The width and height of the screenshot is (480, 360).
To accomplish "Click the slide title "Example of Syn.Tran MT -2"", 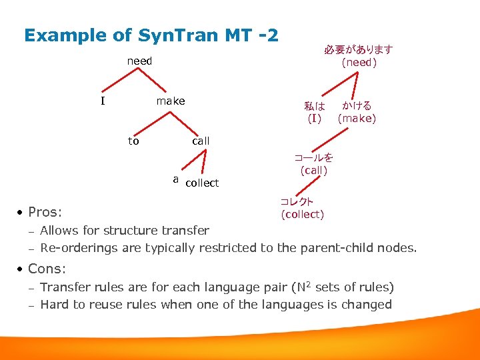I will pyautogui.click(x=151, y=35).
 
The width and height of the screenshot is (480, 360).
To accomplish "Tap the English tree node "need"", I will pyautogui.click(x=139, y=61).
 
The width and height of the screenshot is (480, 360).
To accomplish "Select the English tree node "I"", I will pyautogui.click(x=103, y=101).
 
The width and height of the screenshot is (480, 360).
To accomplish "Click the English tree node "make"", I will pyautogui.click(x=170, y=101).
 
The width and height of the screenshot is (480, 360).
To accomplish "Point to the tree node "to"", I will pyautogui.click(x=133, y=141).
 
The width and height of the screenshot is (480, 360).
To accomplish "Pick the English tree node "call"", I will pyautogui.click(x=201, y=141).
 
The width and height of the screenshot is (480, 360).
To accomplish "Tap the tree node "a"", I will pyautogui.click(x=175, y=179).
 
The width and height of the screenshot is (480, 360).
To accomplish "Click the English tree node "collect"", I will pyautogui.click(x=202, y=183).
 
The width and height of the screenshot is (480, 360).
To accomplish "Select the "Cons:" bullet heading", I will pyautogui.click(x=47, y=269).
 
